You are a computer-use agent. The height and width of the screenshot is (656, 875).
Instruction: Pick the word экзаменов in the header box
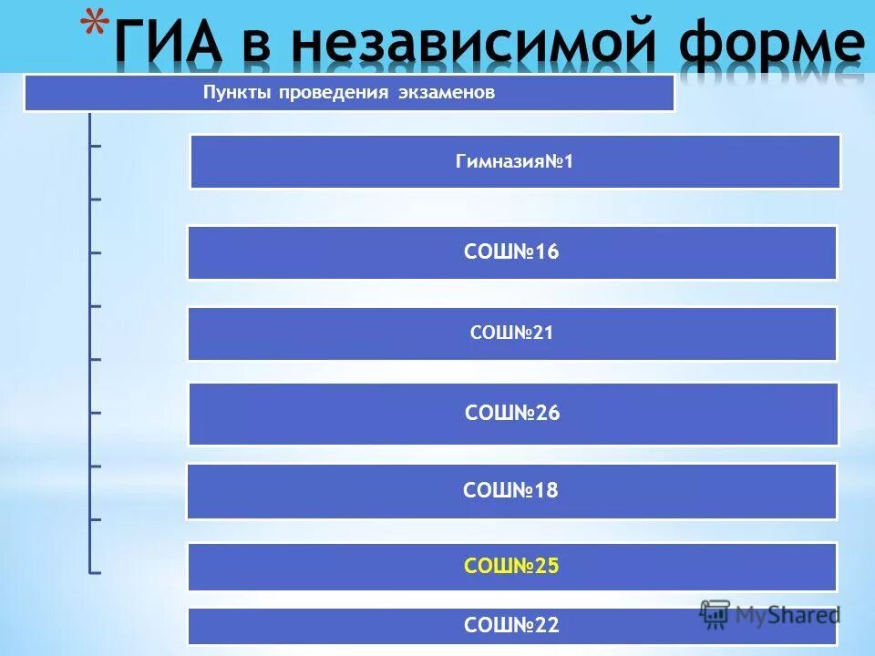pyautogui.click(x=447, y=93)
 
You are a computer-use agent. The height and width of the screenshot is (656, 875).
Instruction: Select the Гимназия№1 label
pyautogui.click(x=514, y=161)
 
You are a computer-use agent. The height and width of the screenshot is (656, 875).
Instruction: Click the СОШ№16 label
pyautogui.click(x=511, y=252)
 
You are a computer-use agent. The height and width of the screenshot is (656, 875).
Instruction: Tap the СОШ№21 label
pyautogui.click(x=511, y=333)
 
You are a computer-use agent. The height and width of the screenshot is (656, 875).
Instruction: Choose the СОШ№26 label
pyautogui.click(x=512, y=414)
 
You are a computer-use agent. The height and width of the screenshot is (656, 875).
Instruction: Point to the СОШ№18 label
pyautogui.click(x=510, y=491)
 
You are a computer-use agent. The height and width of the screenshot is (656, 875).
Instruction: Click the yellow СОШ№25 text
pyautogui.click(x=511, y=566)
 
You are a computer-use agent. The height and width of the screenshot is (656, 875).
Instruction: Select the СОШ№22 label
pyautogui.click(x=511, y=626)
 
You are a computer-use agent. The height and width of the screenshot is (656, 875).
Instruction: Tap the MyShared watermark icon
pyautogui.click(x=715, y=612)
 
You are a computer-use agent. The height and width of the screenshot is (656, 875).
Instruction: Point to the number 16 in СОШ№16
pyautogui.click(x=547, y=252)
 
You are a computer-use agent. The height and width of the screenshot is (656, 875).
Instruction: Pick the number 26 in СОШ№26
pyautogui.click(x=548, y=414)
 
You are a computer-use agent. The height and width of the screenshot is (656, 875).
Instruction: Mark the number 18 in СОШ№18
pyautogui.click(x=546, y=491)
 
